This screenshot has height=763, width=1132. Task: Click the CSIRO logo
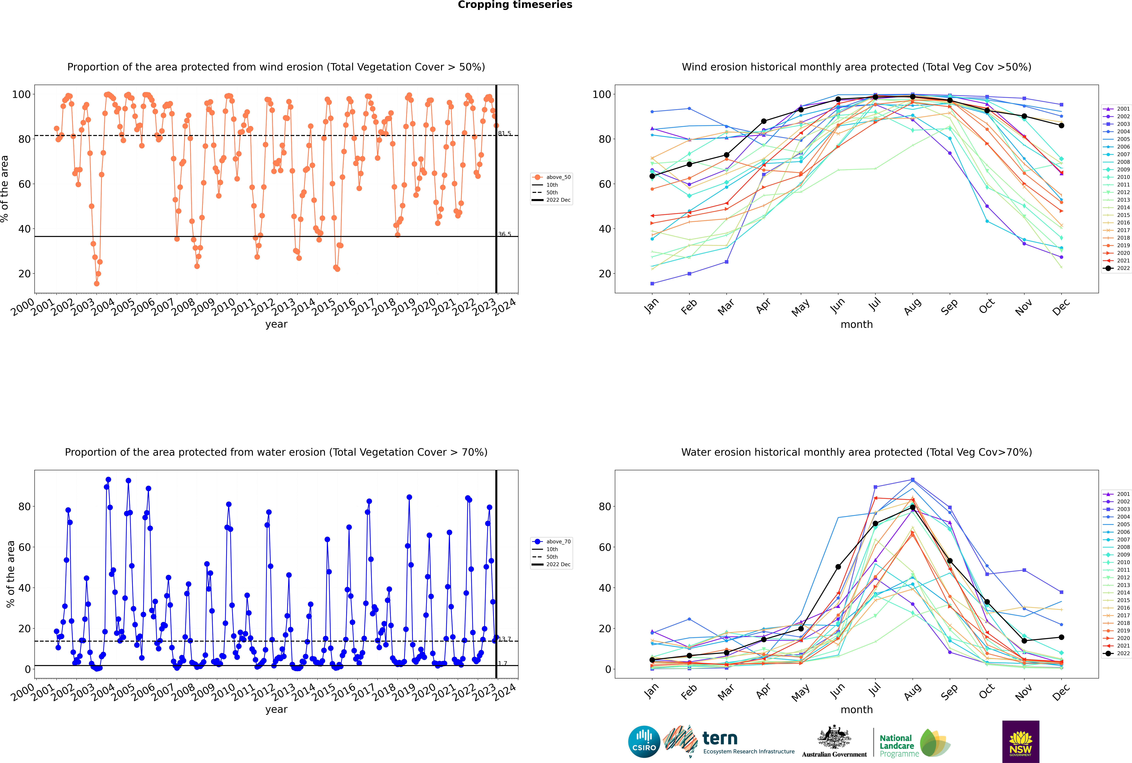(644, 742)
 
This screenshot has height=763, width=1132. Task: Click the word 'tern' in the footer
(720, 739)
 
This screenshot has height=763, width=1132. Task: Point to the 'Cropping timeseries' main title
(515, 5)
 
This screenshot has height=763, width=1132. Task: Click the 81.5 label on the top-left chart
(505, 133)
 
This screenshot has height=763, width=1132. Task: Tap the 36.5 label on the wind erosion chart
(505, 234)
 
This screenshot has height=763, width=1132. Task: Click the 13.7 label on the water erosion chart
(505, 639)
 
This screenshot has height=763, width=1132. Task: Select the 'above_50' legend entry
(551, 177)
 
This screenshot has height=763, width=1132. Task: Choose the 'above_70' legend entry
(551, 542)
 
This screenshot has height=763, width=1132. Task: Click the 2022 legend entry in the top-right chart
(1117, 268)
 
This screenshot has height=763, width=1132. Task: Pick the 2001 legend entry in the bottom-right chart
(1117, 494)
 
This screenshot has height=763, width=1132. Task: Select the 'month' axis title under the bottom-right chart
(857, 710)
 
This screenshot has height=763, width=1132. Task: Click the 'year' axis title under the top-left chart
(276, 324)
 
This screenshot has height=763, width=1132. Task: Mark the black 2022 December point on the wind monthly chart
(1061, 126)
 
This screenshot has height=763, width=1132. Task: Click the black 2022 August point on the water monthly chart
(913, 508)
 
